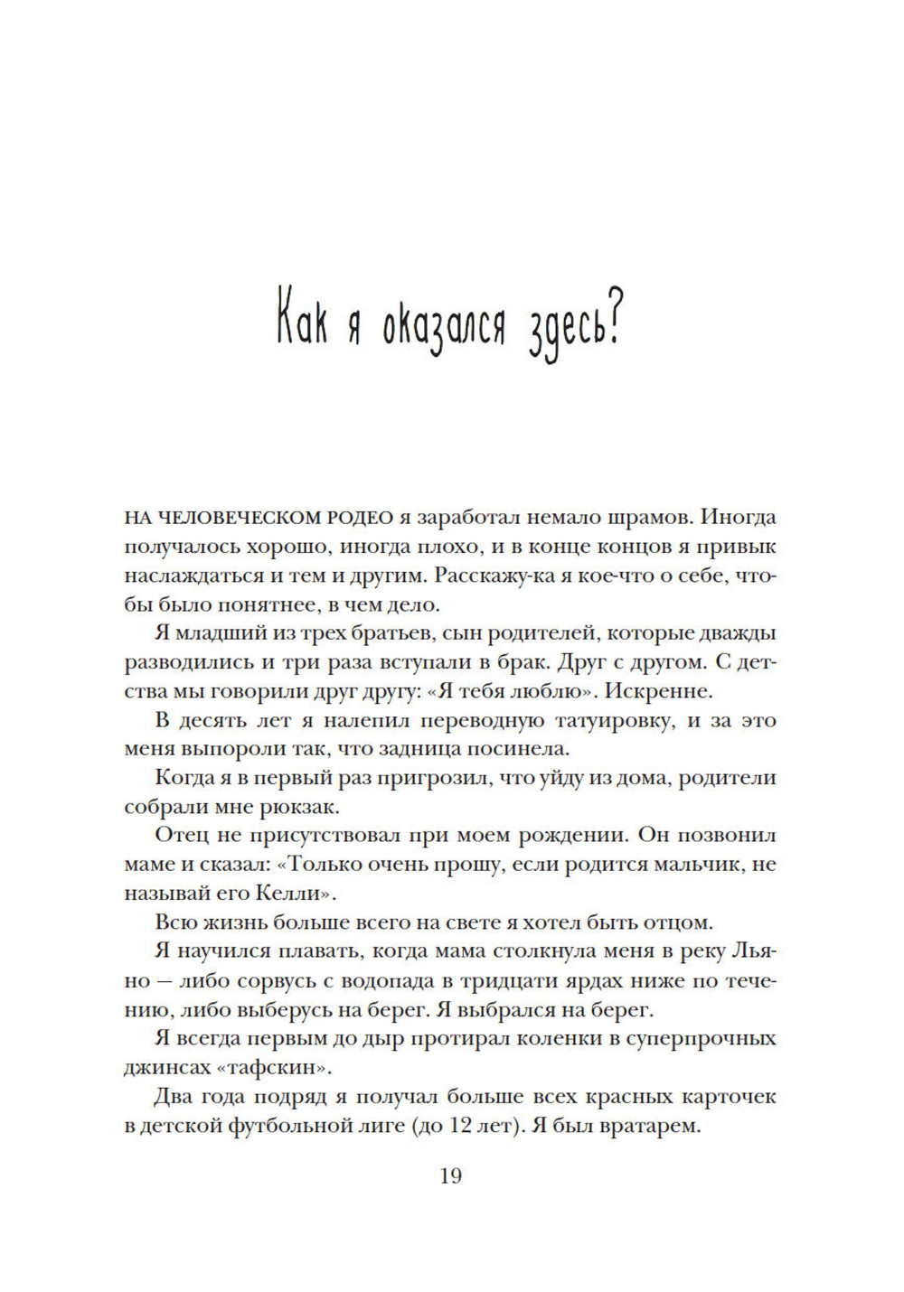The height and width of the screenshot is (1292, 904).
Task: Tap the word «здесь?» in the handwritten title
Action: [571, 326]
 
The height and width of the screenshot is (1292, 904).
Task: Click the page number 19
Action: [450, 1175]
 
